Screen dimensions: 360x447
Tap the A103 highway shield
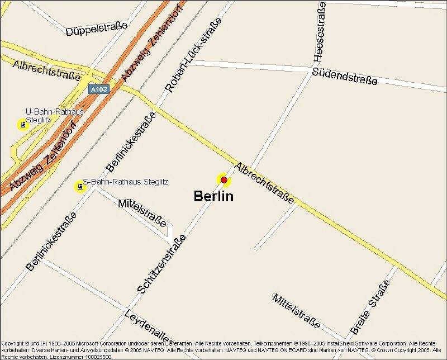tap(99, 89)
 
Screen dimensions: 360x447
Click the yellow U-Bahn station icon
tap(22, 125)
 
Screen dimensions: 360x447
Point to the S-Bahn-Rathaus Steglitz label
tap(126, 182)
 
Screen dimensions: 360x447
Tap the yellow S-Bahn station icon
tap(80, 186)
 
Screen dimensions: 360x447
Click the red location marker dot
tap(223, 180)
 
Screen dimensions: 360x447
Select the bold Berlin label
tap(213, 196)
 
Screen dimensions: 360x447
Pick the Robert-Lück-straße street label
tap(194, 54)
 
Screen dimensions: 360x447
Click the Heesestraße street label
tap(319, 31)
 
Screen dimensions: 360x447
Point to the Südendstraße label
tap(345, 76)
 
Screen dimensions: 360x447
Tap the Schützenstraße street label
tap(161, 264)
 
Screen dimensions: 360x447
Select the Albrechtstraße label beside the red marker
tap(264, 183)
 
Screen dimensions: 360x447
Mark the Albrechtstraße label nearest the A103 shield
tap(46, 70)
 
